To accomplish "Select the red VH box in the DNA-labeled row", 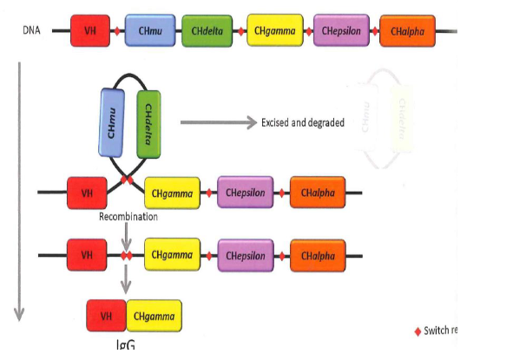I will pyautogui.click(x=90, y=31).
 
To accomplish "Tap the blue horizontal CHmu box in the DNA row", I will pyautogui.click(x=149, y=31).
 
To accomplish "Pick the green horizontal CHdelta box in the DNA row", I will pyautogui.click(x=206, y=31).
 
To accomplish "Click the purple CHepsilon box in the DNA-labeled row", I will pyautogui.click(x=341, y=31).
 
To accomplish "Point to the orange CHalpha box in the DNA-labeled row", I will pyautogui.click(x=407, y=31).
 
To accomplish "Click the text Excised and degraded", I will pyautogui.click(x=302, y=123).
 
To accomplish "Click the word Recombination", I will pyautogui.click(x=128, y=217).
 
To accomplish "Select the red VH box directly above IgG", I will pyautogui.click(x=107, y=315).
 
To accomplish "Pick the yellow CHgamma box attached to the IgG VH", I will pyautogui.click(x=154, y=315).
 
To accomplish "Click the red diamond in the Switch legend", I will pyautogui.click(x=416, y=331).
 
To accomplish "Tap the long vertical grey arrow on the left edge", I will pyautogui.click(x=15, y=191).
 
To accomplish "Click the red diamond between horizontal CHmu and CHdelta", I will pyautogui.click(x=177, y=31).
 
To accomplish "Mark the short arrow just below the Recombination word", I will pyautogui.click(x=128, y=234).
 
